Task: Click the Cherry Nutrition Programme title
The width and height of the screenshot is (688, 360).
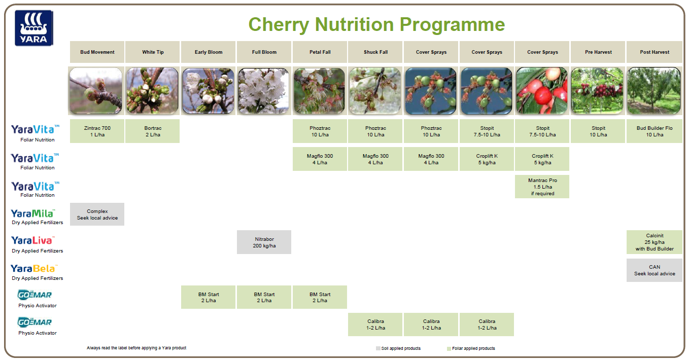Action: pos(376,24)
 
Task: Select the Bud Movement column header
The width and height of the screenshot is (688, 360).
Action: pos(97,52)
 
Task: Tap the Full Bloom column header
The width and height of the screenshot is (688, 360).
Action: pos(264,52)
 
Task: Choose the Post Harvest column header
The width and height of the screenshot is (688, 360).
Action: pos(654,52)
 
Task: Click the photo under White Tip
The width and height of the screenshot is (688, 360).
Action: pos(152,91)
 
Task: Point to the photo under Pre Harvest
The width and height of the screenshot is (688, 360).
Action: pos(598,91)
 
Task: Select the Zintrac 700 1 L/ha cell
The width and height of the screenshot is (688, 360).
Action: pos(97,131)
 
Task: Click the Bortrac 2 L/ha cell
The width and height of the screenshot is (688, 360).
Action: pos(152,131)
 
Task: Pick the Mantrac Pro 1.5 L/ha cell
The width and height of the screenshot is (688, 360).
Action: pos(542,186)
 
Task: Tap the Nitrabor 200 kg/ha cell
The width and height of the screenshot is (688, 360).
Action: pos(264,242)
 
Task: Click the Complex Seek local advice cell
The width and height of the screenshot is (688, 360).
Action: pos(97,214)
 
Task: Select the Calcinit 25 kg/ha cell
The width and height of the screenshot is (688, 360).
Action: pos(654,242)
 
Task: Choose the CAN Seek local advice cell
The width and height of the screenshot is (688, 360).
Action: pos(654,270)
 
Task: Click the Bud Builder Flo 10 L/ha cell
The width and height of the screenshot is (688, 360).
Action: pos(654,131)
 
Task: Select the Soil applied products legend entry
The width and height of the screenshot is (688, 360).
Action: pos(398,348)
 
